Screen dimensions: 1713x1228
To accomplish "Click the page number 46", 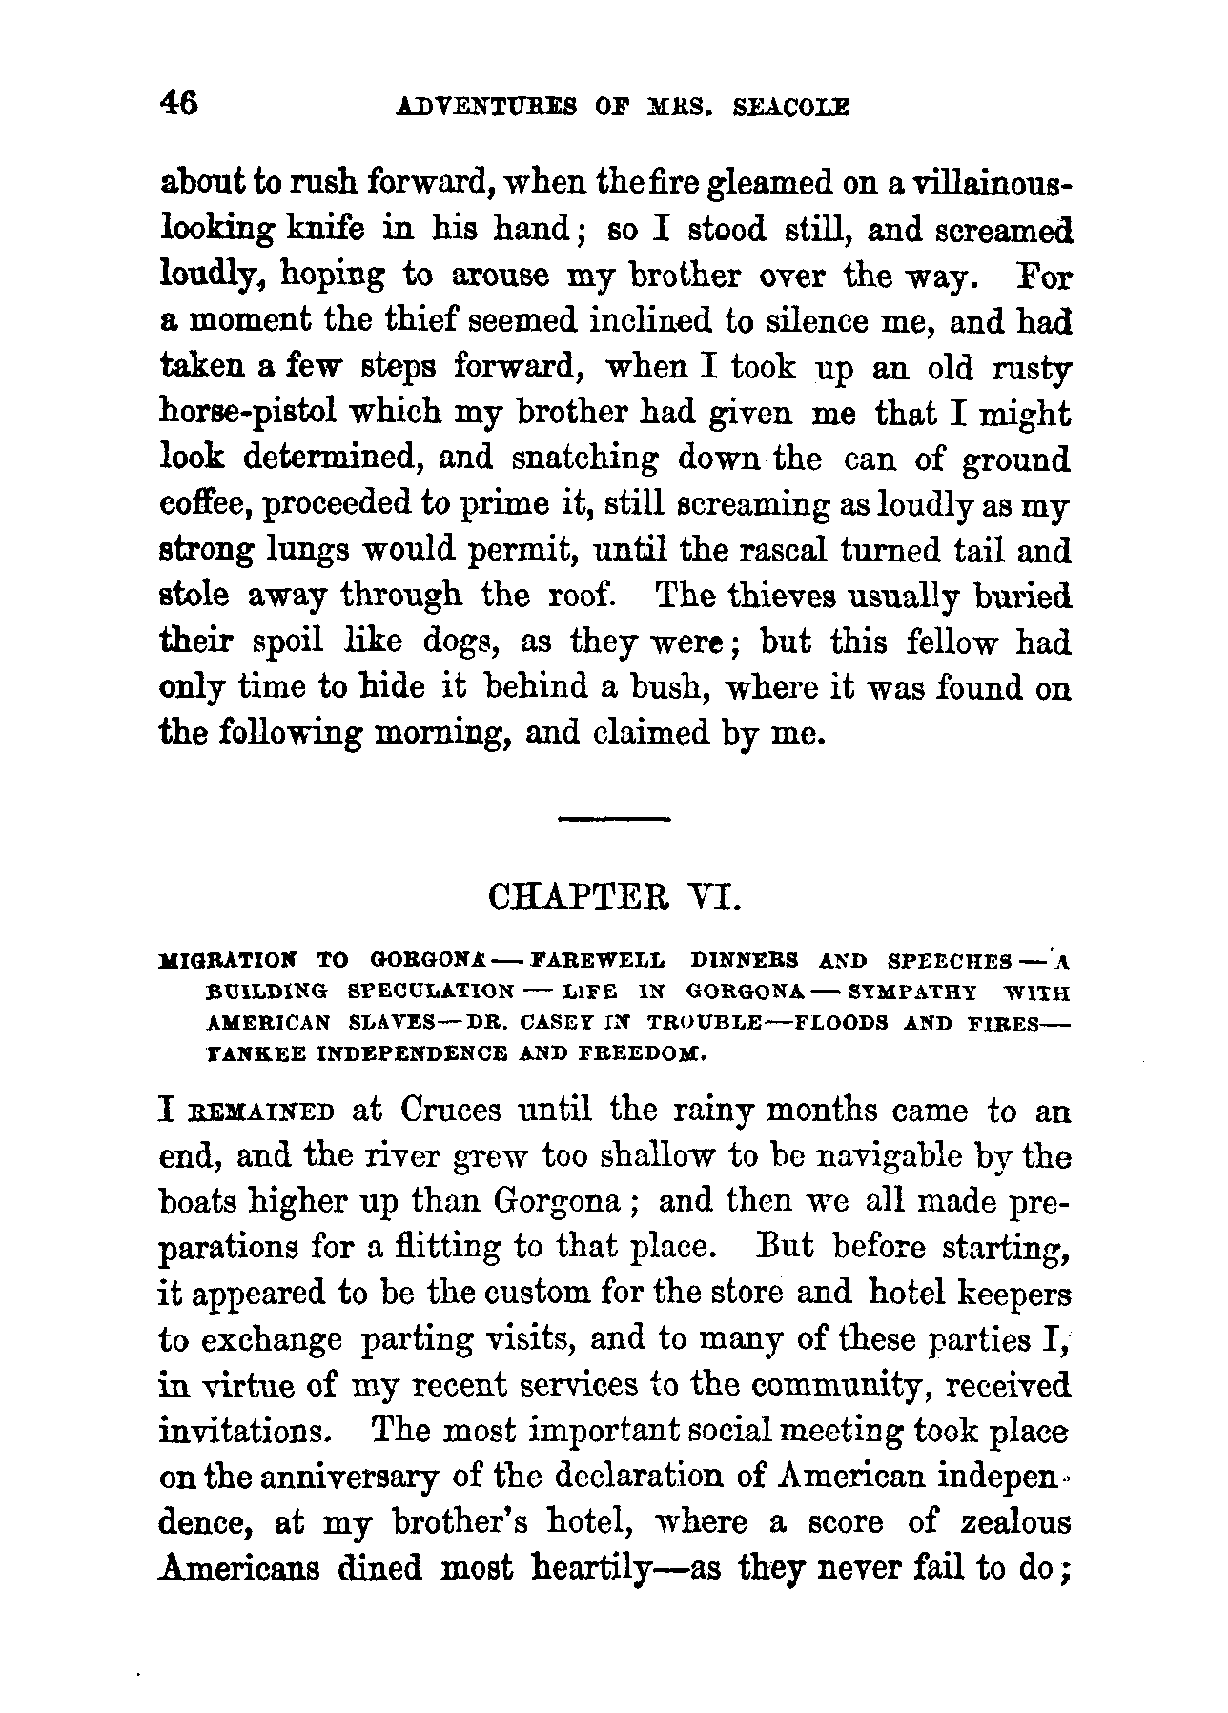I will coord(178,103).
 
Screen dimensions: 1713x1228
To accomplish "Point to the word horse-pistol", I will coord(250,414).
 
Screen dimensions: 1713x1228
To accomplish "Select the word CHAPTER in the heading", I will coord(565,900).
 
